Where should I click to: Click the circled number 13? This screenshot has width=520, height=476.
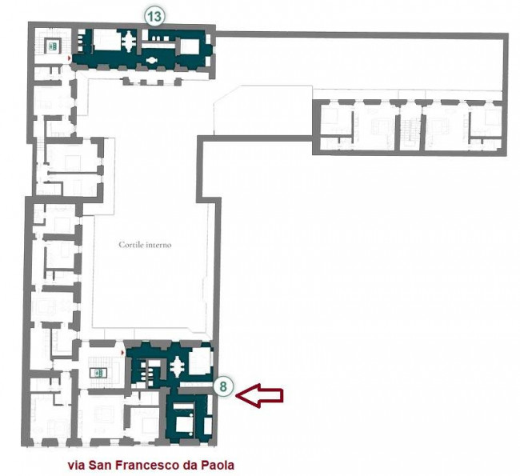coord(154,17)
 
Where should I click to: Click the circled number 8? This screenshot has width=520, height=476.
coord(223,386)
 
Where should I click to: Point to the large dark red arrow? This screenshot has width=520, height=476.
coord(259,395)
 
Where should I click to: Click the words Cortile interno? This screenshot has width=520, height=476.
coord(145,245)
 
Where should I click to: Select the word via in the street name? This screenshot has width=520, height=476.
coord(76,465)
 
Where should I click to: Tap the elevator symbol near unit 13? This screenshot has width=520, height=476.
coord(53,46)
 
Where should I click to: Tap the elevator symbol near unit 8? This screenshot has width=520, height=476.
coord(98,373)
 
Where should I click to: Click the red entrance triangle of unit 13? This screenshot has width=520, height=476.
coord(69,58)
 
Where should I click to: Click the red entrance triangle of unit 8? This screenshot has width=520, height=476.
coord(123,353)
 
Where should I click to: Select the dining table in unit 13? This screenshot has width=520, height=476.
coord(128,41)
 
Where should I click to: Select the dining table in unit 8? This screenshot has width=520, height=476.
coord(178,366)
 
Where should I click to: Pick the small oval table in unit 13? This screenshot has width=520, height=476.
coord(152,60)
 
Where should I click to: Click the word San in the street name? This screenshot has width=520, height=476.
coord(100,465)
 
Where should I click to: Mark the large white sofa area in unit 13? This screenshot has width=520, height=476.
coord(106,40)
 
